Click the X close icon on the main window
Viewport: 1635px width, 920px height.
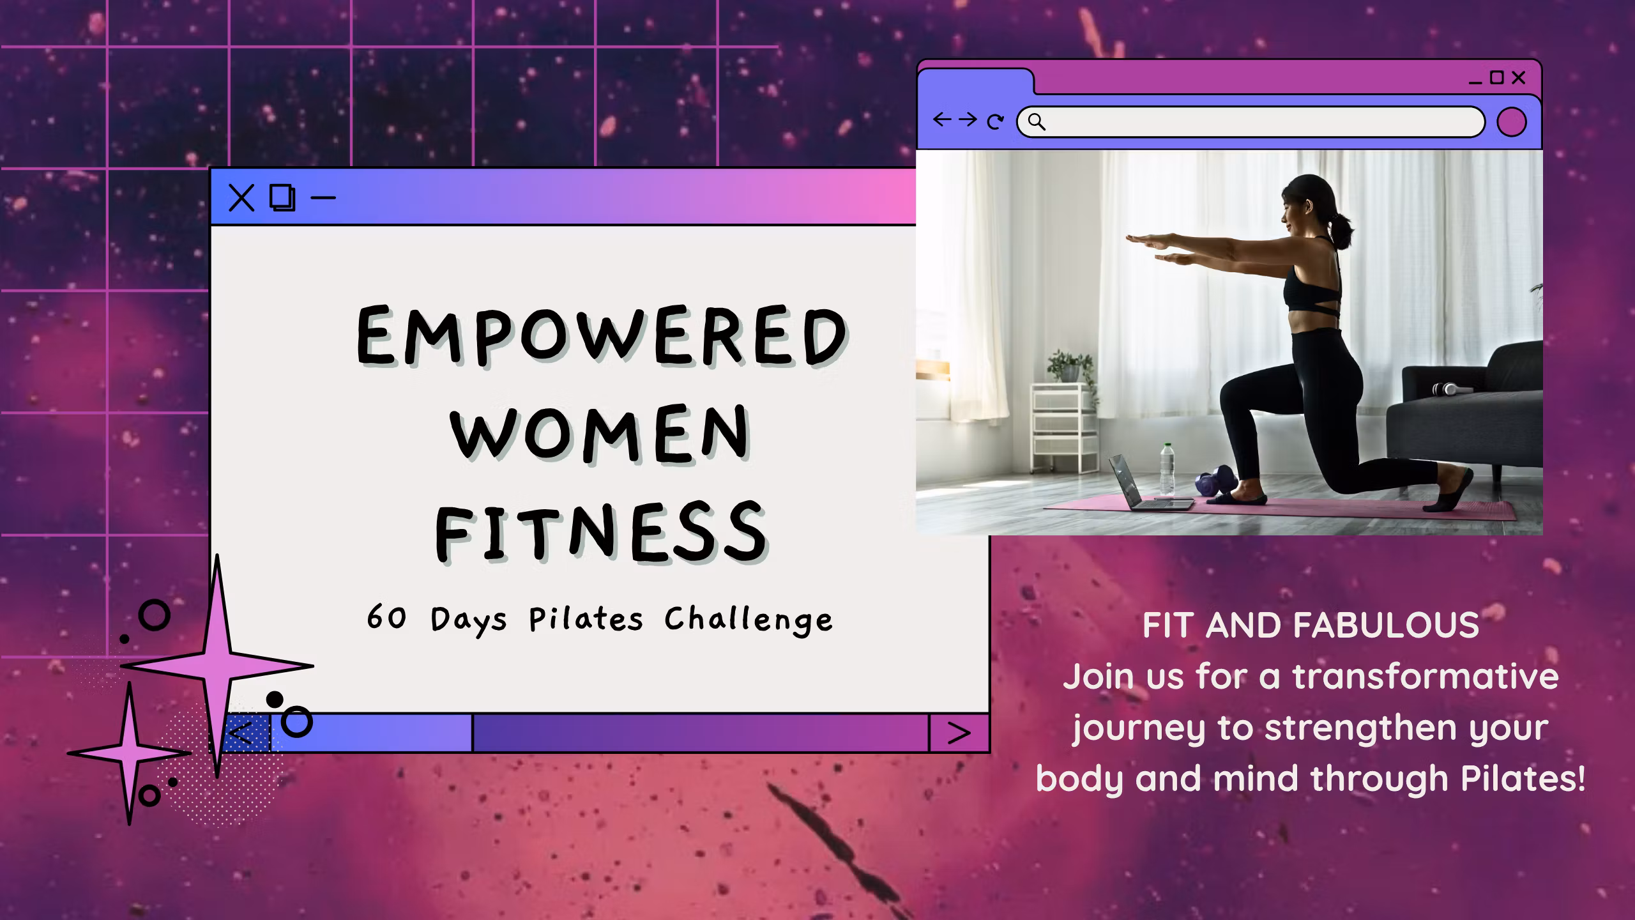point(241,198)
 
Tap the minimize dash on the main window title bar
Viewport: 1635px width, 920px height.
point(323,198)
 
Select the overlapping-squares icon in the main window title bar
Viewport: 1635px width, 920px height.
point(282,198)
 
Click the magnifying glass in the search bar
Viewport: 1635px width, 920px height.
point(1037,122)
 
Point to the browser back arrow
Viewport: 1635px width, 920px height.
point(942,119)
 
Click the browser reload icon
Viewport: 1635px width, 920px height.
point(995,121)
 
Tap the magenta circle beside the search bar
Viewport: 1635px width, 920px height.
point(1512,122)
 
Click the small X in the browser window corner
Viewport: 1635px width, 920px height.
point(1519,78)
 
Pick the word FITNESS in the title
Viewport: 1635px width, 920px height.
point(602,531)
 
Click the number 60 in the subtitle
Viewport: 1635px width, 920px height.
point(386,618)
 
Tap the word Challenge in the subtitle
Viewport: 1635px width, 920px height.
point(749,620)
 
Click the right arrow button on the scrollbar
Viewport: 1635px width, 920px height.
point(959,733)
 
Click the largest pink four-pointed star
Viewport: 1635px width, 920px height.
point(217,664)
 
